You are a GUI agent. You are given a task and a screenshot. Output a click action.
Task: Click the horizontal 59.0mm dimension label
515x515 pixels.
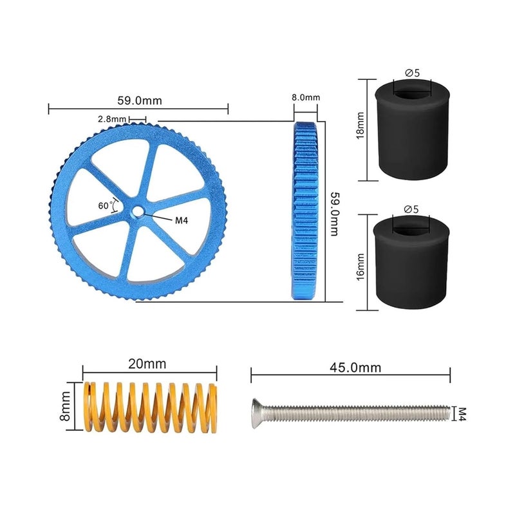[x=139, y=100]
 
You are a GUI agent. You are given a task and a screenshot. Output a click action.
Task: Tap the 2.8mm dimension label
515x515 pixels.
[x=111, y=119]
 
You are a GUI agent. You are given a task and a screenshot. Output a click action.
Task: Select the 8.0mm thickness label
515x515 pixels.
[x=305, y=98]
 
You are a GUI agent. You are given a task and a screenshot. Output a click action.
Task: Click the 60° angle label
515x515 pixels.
[x=105, y=206]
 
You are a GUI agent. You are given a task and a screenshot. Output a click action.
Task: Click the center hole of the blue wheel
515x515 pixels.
[x=139, y=212]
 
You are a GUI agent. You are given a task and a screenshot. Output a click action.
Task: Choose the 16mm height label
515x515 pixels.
[x=360, y=267]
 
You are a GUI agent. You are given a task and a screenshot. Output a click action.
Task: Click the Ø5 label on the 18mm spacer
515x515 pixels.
[x=412, y=73]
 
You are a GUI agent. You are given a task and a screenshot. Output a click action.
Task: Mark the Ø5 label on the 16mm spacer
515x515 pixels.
[x=411, y=209]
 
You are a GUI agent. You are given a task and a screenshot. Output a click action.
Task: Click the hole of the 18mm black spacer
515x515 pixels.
[x=412, y=88]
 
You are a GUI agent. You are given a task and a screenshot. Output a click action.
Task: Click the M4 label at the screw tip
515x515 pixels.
[x=462, y=411]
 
